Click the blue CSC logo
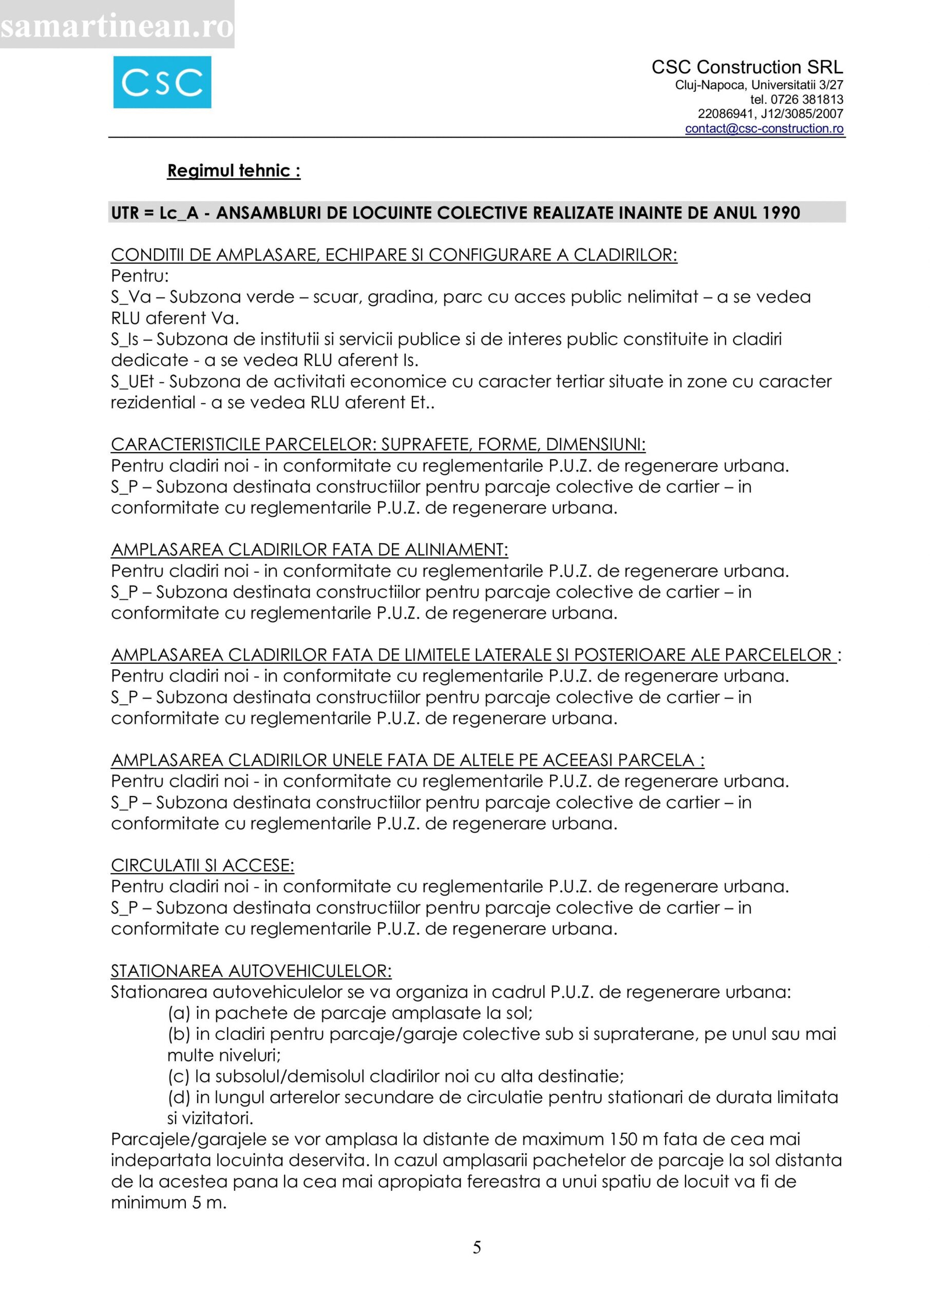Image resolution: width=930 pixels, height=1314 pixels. pyautogui.click(x=162, y=83)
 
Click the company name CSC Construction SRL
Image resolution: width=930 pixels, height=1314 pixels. pyautogui.click(x=747, y=68)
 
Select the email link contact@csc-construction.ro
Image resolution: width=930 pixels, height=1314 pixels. pyautogui.click(x=764, y=129)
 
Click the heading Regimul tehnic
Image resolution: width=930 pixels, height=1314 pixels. pyautogui.click(x=233, y=171)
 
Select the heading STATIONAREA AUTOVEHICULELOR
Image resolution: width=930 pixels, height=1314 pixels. pyautogui.click(x=251, y=971)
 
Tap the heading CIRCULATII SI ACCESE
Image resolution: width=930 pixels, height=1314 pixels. pyautogui.click(x=202, y=866)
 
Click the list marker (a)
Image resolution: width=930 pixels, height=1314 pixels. pyautogui.click(x=179, y=1014)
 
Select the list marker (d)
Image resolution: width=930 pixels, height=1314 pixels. pyautogui.click(x=179, y=1098)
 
